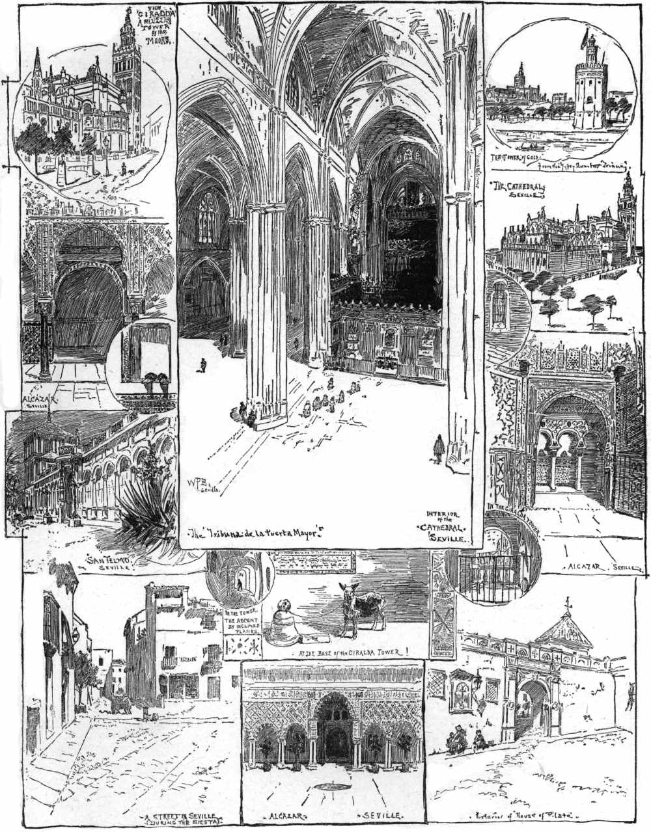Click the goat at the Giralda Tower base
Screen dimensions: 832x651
tap(359, 607)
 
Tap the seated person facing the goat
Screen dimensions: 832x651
tap(285, 623)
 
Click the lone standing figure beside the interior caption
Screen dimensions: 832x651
tap(438, 449)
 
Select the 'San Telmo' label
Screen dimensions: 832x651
tap(109, 559)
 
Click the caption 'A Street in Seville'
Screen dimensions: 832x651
tap(184, 818)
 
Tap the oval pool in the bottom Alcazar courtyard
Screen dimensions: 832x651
tap(333, 788)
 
